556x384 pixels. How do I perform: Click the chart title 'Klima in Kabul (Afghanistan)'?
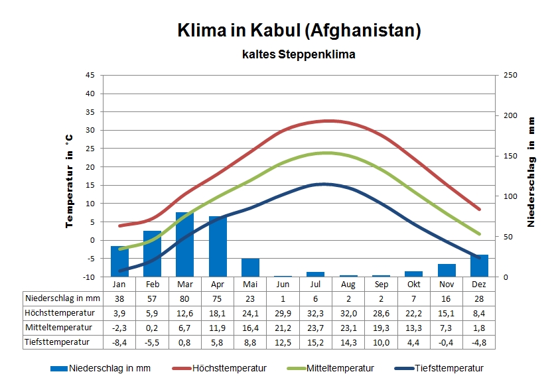(299, 31)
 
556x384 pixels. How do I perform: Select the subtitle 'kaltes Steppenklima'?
(299, 54)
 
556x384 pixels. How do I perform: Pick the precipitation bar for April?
(218, 246)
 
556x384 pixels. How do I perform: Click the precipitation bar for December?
(479, 265)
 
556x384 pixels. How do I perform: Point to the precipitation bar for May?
(250, 267)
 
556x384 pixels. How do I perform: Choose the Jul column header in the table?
(316, 283)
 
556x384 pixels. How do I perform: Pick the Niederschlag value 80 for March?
(185, 298)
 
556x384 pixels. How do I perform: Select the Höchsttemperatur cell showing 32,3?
(316, 312)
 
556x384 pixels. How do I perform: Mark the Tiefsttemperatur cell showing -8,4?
(119, 342)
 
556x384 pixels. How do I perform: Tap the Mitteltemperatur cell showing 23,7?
(316, 327)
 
